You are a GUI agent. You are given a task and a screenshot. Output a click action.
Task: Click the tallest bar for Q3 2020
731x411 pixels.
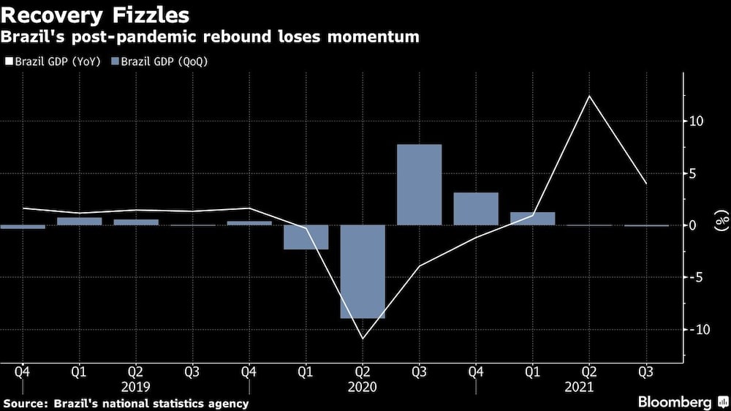pos(419,184)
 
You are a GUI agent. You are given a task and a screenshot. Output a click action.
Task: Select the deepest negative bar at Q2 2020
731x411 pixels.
pos(363,271)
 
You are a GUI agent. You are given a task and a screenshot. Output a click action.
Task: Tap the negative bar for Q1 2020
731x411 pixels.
pos(306,237)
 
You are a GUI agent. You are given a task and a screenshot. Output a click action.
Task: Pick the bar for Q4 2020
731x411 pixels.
pos(476,208)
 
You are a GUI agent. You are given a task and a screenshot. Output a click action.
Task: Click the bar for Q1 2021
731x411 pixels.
pos(532,218)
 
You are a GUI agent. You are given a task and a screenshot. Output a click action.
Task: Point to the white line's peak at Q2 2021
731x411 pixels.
pos(589,96)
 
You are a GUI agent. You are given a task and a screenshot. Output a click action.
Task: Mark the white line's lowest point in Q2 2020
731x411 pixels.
pos(363,339)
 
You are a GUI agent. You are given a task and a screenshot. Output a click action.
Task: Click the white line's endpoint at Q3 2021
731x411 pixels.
pos(645,183)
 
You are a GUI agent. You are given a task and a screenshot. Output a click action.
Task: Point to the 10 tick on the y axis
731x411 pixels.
pos(696,121)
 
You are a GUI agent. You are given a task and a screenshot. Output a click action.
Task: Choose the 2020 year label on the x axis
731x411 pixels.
pos(363,387)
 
